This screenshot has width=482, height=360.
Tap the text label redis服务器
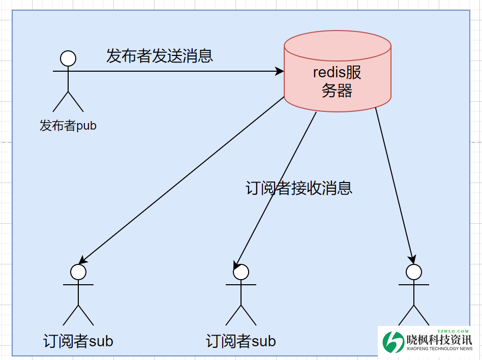[337, 81]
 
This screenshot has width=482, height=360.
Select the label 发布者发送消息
[159, 55]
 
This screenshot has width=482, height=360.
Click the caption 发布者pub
[68, 125]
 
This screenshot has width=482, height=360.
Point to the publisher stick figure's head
[68, 58]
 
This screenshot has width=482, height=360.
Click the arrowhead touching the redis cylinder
[280, 71]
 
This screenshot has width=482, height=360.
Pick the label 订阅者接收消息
[298, 188]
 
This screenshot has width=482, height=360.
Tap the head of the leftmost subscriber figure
[78, 272]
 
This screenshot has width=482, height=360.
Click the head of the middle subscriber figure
[241, 272]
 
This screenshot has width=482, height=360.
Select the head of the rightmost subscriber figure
[414, 272]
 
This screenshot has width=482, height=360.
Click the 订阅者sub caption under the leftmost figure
[78, 341]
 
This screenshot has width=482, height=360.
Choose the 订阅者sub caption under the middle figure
[241, 341]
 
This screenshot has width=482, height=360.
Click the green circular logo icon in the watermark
[393, 342]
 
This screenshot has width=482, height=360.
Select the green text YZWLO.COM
[453, 331]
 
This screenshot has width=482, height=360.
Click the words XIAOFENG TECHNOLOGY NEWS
[440, 349]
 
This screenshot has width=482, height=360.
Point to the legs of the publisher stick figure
[68, 102]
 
